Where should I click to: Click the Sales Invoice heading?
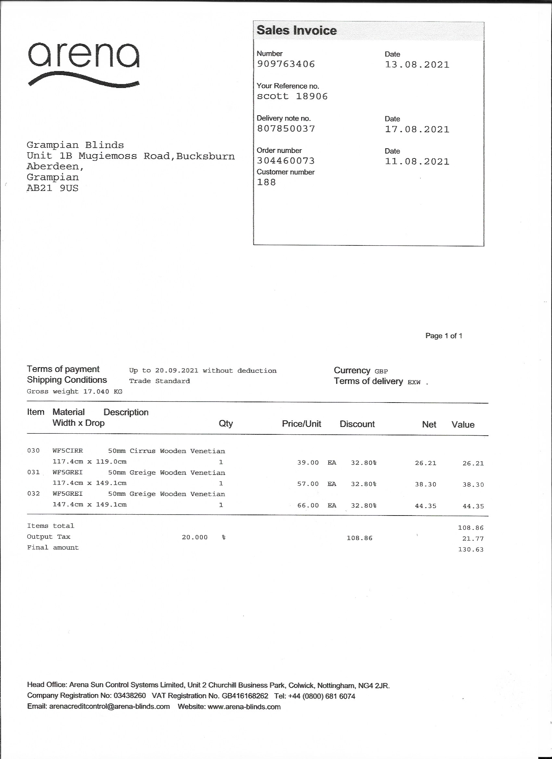(x=296, y=31)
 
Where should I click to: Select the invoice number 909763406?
(x=285, y=64)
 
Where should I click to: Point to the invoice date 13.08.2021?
(x=417, y=65)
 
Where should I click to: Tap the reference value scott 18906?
(x=292, y=96)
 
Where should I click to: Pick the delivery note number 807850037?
(x=285, y=129)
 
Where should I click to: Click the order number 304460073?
(x=285, y=161)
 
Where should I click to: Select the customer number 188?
(x=266, y=182)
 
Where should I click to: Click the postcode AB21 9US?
(x=53, y=188)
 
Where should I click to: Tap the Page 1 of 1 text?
(x=444, y=336)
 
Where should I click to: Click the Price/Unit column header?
(x=301, y=424)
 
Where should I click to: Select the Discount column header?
(x=357, y=424)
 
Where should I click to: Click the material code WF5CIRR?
(x=68, y=451)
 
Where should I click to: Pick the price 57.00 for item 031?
(x=307, y=484)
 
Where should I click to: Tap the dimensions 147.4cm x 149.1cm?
(x=89, y=505)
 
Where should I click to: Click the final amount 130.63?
(x=470, y=550)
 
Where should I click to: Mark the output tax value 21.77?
(x=473, y=539)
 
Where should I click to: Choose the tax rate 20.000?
(x=194, y=538)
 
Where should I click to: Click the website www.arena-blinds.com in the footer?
(x=244, y=707)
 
